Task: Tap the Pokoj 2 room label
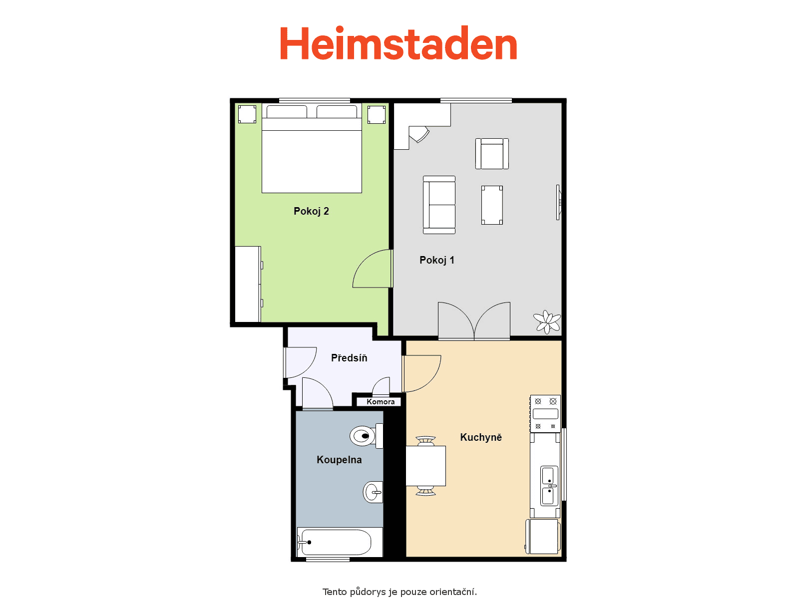click(311, 211)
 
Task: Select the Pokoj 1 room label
click(437, 260)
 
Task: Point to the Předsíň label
click(349, 357)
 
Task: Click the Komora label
click(381, 401)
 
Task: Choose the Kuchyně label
click(481, 437)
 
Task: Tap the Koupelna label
click(339, 460)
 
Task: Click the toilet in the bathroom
click(366, 435)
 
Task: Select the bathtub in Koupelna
click(340, 542)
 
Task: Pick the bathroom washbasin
click(373, 493)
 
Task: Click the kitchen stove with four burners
click(545, 413)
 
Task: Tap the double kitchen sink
click(549, 486)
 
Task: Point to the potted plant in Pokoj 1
click(547, 321)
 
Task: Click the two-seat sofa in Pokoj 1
click(439, 205)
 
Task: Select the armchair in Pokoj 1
click(492, 153)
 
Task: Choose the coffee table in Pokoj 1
click(492, 205)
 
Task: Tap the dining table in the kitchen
click(425, 466)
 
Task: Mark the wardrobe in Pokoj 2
click(248, 284)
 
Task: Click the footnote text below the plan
click(399, 592)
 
